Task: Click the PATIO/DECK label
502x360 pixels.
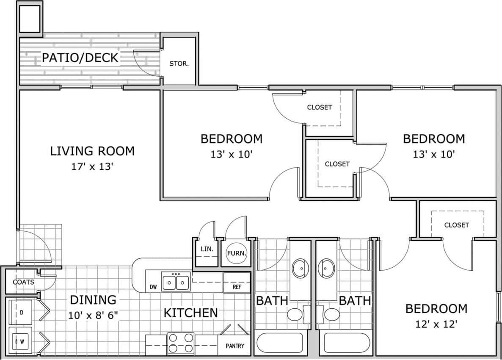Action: [80, 58]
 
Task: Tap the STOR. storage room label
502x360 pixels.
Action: [179, 64]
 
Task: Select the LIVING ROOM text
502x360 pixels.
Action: [92, 151]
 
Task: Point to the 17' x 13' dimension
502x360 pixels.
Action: [92, 166]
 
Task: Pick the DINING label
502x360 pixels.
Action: [93, 300]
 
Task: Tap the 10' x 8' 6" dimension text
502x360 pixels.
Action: [93, 316]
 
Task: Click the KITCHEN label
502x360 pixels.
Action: [190, 313]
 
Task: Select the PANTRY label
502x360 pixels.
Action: [234, 346]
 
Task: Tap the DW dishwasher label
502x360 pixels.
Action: [153, 287]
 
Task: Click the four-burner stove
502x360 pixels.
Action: [181, 343]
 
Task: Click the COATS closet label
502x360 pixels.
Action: [23, 282]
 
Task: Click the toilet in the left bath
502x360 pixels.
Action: [295, 314]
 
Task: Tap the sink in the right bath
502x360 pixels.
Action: [326, 268]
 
